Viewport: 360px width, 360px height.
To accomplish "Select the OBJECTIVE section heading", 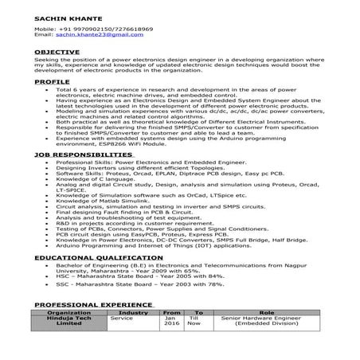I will point(57,51).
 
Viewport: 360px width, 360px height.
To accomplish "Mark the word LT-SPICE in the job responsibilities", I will point(69,192).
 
